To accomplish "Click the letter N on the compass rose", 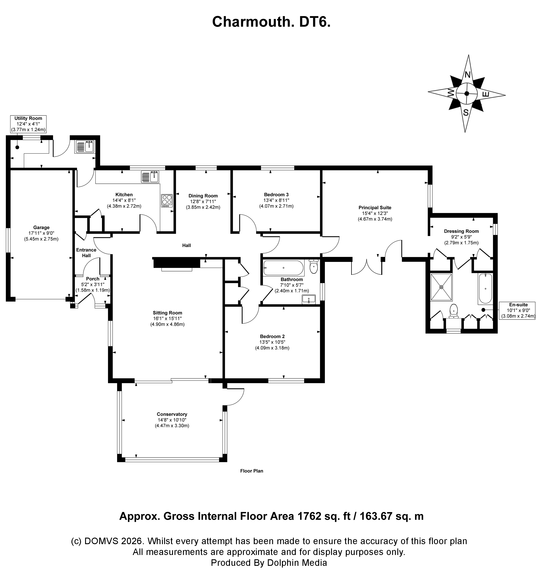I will tap(467, 75).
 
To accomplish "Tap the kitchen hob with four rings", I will tap(167, 201).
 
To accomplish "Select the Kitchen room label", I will tap(124, 195).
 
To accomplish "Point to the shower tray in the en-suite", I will tap(441, 287).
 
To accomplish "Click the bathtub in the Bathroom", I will tap(283, 268).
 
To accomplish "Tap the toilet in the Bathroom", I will tap(314, 267).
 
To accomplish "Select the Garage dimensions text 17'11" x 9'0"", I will tap(41, 233).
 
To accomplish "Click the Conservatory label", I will tap(172, 414).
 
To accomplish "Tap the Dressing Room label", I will tap(461, 231).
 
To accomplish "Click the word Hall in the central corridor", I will tap(187, 246).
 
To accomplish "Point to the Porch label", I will tap(93, 279).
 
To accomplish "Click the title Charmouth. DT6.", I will tap(271, 22).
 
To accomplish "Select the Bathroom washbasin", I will tap(309, 299).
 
